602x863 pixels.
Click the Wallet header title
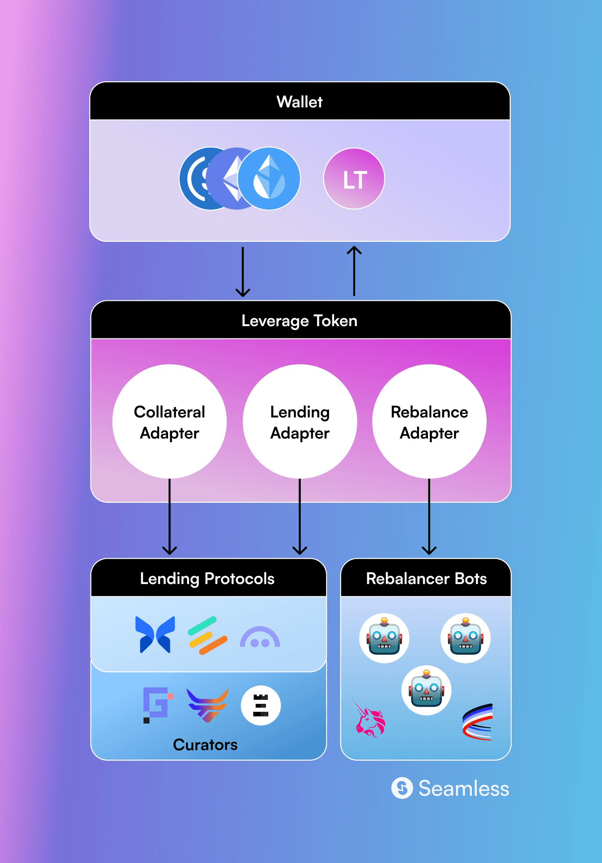[300, 102]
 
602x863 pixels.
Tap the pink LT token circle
[354, 179]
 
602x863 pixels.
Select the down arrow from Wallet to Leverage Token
[243, 272]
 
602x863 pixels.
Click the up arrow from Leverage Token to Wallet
[354, 271]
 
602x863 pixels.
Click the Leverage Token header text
[300, 321]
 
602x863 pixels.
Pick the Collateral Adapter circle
[169, 421]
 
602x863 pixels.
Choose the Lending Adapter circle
[300, 421]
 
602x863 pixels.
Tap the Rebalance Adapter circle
[429, 421]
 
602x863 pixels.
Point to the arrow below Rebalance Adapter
[429, 517]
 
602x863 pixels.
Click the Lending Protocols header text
[207, 579]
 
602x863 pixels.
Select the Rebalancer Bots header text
[426, 579]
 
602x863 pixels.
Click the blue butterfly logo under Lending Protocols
[155, 635]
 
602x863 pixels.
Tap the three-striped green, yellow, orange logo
[208, 635]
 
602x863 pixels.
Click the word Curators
[205, 745]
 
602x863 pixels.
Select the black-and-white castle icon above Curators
[261, 705]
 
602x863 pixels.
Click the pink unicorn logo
[369, 719]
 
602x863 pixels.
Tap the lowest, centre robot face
[426, 690]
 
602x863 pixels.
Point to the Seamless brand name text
[464, 788]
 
